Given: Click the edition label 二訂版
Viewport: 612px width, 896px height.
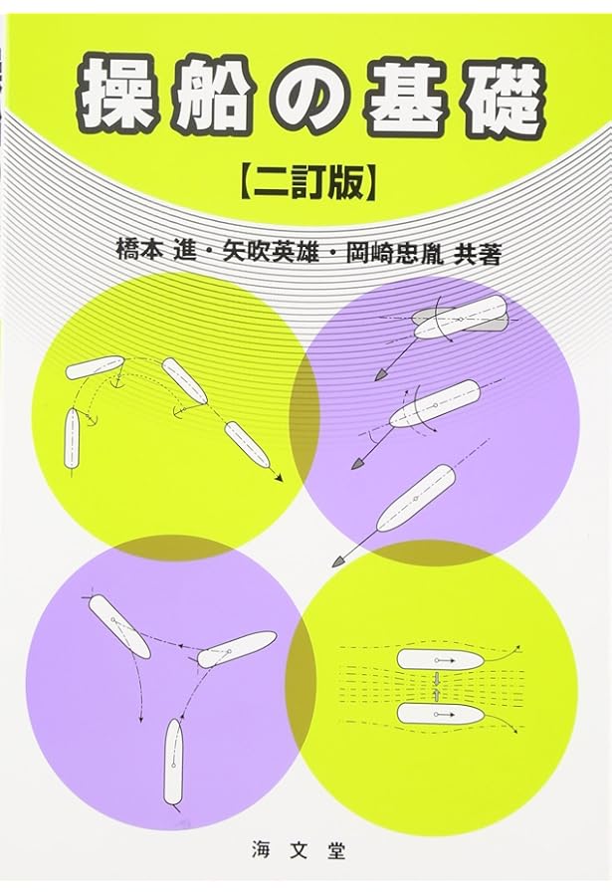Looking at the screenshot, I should pos(306,183).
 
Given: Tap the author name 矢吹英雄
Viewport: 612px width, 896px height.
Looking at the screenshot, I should pos(274,251).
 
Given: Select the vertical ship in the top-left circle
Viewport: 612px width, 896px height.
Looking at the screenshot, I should pos(72,439).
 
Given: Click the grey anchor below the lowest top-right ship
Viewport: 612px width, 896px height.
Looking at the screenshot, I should pos(338,560).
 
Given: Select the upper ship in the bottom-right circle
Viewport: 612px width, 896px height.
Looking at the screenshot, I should pos(439,659).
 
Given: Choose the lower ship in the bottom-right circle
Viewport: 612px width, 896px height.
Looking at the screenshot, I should pos(439,713).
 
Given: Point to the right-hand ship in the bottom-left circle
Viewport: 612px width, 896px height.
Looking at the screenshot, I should pos(236,649).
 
